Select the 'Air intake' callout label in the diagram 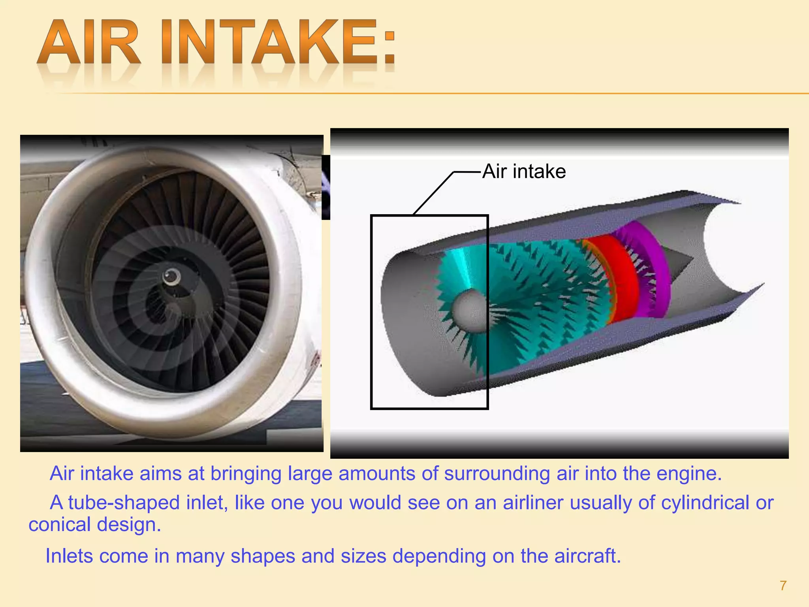[x=524, y=172]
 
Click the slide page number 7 [x=783, y=585]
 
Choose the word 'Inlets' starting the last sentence [x=69, y=556]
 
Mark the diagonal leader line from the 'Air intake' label [x=433, y=194]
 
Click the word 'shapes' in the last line [x=263, y=556]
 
